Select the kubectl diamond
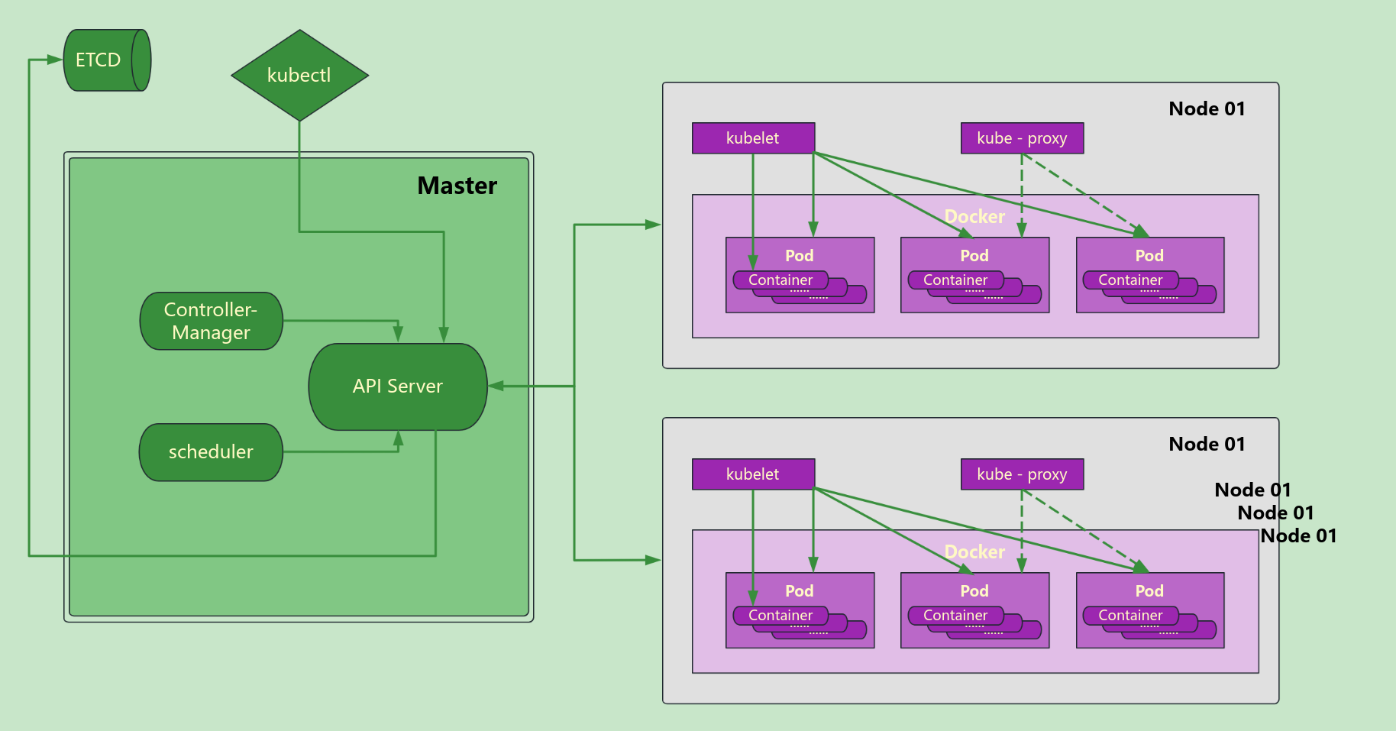(x=299, y=76)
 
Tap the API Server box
(x=397, y=387)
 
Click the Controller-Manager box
(x=211, y=321)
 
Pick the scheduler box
(x=211, y=452)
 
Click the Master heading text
(x=457, y=186)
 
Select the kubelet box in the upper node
(x=753, y=138)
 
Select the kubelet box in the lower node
(x=753, y=474)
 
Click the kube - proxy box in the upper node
(x=1022, y=138)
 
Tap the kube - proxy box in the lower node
(x=1022, y=474)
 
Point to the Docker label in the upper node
(x=974, y=217)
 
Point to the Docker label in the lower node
(x=974, y=552)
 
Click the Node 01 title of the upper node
(x=1207, y=109)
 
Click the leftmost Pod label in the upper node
(x=799, y=256)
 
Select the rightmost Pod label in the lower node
(x=1149, y=591)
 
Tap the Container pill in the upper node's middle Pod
(x=955, y=280)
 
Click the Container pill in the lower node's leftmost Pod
(x=780, y=616)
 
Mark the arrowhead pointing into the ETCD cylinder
(x=55, y=60)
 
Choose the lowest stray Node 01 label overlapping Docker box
(x=1298, y=536)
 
